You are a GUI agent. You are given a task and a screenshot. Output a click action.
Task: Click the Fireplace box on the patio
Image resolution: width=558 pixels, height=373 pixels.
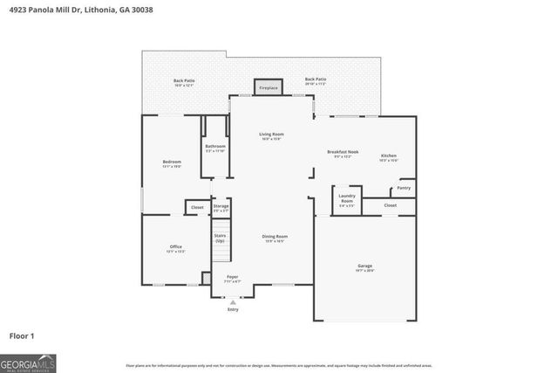(x=268, y=87)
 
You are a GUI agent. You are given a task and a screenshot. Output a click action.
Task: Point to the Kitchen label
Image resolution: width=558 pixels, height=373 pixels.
(x=388, y=156)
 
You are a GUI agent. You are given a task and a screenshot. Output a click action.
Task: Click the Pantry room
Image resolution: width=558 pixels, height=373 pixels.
(x=404, y=188)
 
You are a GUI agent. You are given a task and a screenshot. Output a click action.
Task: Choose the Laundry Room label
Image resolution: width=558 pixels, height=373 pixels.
(x=346, y=197)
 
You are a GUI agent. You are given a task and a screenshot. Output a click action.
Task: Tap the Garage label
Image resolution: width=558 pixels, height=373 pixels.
(x=364, y=266)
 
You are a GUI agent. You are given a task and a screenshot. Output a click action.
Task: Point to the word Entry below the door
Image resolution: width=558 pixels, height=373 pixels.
(x=232, y=309)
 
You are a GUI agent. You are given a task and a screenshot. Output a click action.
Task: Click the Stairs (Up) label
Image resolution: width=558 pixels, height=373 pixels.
(x=221, y=238)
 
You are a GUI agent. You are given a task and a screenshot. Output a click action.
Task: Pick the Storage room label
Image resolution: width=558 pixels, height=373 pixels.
(x=221, y=208)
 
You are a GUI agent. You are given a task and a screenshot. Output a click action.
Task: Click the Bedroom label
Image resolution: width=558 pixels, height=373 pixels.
(x=172, y=163)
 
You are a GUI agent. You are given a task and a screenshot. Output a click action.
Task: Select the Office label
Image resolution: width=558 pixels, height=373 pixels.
(x=175, y=248)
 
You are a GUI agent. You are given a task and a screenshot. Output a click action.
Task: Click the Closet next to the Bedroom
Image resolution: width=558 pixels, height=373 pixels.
(x=197, y=207)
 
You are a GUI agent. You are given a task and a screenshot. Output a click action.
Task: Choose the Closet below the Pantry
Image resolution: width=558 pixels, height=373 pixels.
(x=390, y=205)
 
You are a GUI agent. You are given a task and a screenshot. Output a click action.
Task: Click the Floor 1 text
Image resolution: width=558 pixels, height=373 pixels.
(x=23, y=335)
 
